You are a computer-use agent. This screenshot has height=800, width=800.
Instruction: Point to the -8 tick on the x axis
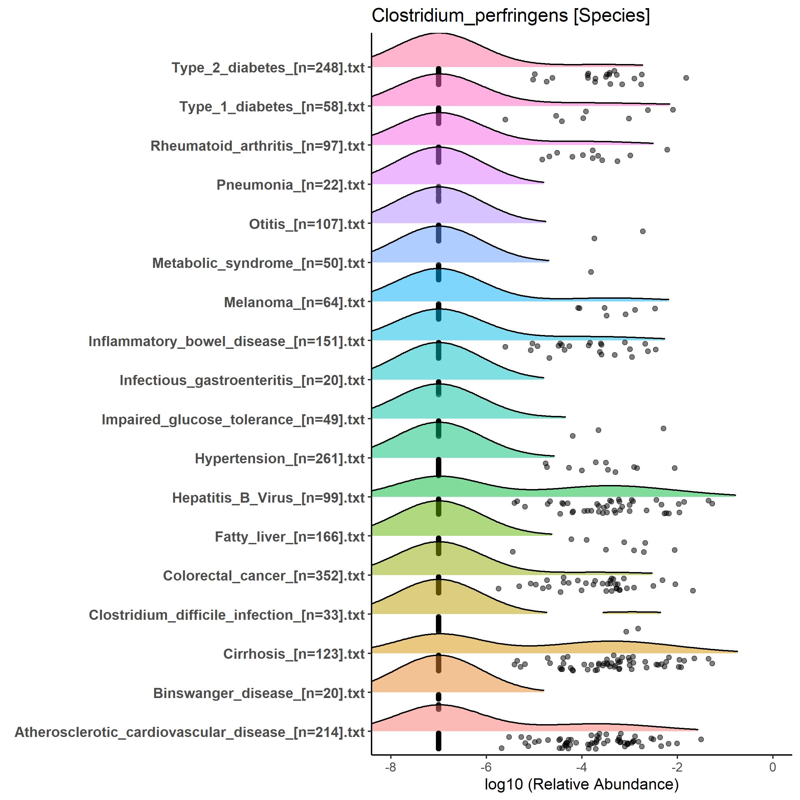click(391, 767)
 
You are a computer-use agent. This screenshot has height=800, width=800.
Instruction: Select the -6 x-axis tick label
click(486, 767)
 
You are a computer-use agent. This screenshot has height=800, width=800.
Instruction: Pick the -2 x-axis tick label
click(677, 767)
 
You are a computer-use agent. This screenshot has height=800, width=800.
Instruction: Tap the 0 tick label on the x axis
click(773, 767)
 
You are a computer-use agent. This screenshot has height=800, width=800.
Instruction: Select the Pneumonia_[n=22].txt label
click(291, 185)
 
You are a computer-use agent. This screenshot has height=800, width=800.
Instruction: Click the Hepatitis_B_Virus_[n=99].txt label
click(268, 498)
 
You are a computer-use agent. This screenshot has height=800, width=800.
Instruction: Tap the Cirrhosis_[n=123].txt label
click(294, 654)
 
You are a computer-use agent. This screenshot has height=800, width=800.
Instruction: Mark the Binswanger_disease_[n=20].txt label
click(259, 693)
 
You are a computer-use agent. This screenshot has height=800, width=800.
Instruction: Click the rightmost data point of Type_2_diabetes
click(686, 78)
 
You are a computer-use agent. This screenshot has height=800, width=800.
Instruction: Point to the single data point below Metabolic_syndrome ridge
click(591, 272)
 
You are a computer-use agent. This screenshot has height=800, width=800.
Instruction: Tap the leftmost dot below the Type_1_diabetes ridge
click(505, 119)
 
